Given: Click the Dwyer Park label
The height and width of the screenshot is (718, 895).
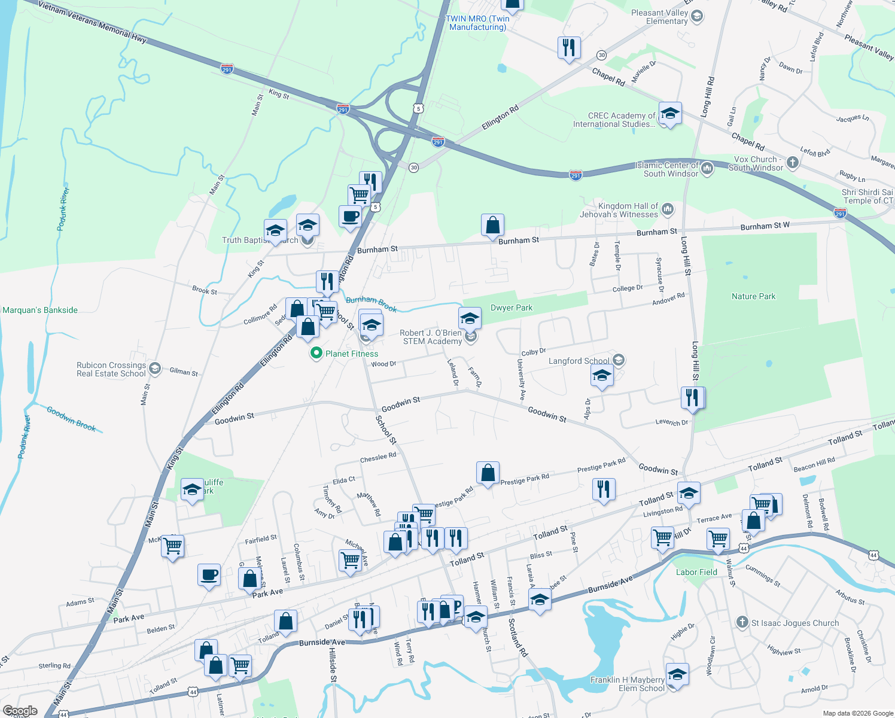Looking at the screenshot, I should pyautogui.click(x=511, y=308).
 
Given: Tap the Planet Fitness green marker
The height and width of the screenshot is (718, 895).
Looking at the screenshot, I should pyautogui.click(x=316, y=354).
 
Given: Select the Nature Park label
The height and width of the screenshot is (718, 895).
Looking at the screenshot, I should pyautogui.click(x=753, y=296).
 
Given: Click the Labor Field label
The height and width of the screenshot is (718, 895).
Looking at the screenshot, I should pyautogui.click(x=696, y=572).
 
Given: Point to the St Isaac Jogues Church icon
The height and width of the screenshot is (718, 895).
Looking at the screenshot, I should pyautogui.click(x=742, y=622).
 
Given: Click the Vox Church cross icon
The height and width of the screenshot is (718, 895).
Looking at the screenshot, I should pyautogui.click(x=792, y=162).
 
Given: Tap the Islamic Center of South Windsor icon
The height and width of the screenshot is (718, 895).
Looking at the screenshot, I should pyautogui.click(x=707, y=168).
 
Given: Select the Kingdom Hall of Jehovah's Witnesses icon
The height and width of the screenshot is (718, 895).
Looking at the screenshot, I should pyautogui.click(x=668, y=209).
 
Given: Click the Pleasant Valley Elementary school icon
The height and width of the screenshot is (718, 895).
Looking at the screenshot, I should pyautogui.click(x=696, y=16).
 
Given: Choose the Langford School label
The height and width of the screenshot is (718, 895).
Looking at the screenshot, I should pyautogui.click(x=579, y=361).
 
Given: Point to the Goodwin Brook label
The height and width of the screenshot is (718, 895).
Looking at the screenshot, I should pyautogui.click(x=71, y=418).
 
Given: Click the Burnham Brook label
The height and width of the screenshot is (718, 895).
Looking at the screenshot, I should pyautogui.click(x=371, y=303).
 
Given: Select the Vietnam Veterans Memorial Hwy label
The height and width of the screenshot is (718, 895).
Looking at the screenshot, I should pyautogui.click(x=93, y=22).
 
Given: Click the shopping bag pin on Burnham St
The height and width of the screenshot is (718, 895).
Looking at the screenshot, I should pyautogui.click(x=492, y=226).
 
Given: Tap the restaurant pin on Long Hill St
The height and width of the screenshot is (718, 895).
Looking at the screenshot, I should pyautogui.click(x=692, y=397).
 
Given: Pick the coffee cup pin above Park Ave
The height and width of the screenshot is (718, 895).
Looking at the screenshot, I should pyautogui.click(x=209, y=575).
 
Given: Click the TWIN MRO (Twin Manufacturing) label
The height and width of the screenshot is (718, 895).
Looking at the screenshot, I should pyautogui.click(x=477, y=23).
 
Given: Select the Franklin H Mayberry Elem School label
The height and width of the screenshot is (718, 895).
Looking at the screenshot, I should pyautogui.click(x=627, y=684).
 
